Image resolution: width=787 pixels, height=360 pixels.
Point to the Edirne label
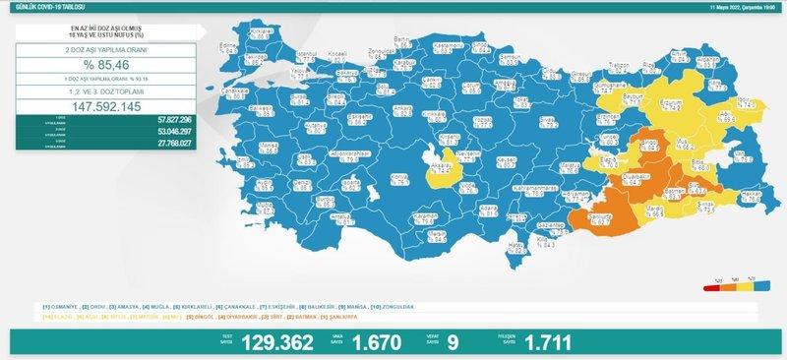tap(229, 46)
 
